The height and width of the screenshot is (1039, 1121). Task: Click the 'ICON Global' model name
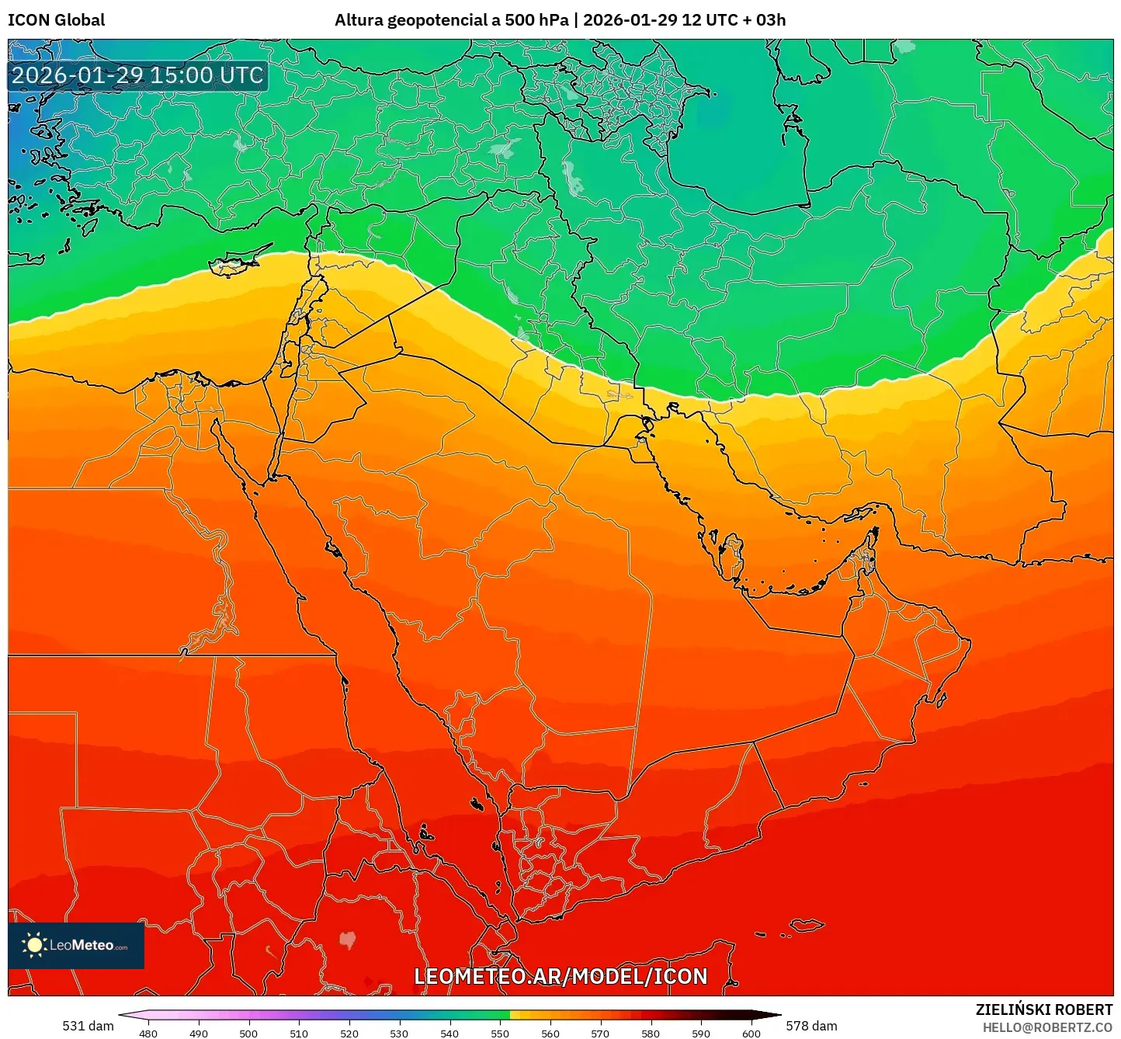[x=57, y=20]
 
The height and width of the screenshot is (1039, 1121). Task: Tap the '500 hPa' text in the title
[x=535, y=20]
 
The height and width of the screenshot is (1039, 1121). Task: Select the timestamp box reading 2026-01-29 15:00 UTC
[x=137, y=75]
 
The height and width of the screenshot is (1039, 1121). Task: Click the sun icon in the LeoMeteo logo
[x=34, y=945]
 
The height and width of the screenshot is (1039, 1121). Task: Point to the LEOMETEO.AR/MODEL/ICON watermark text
[x=560, y=977]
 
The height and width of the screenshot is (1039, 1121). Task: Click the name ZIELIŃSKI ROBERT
[x=1043, y=1009]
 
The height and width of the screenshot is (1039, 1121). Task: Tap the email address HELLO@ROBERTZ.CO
[x=1047, y=1027]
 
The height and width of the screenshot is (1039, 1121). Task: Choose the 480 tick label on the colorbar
[x=147, y=1033]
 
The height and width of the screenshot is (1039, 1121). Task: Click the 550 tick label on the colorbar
[x=500, y=1033]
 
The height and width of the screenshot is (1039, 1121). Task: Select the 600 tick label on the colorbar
[x=751, y=1033]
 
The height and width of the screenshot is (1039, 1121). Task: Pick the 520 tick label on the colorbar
[x=349, y=1033]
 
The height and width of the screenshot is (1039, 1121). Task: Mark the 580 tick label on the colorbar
[x=651, y=1033]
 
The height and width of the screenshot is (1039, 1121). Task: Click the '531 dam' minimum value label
[x=88, y=1026]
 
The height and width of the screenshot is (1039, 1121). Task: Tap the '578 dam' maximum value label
[x=811, y=1026]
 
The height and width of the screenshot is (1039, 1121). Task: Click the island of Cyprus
[x=233, y=263]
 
